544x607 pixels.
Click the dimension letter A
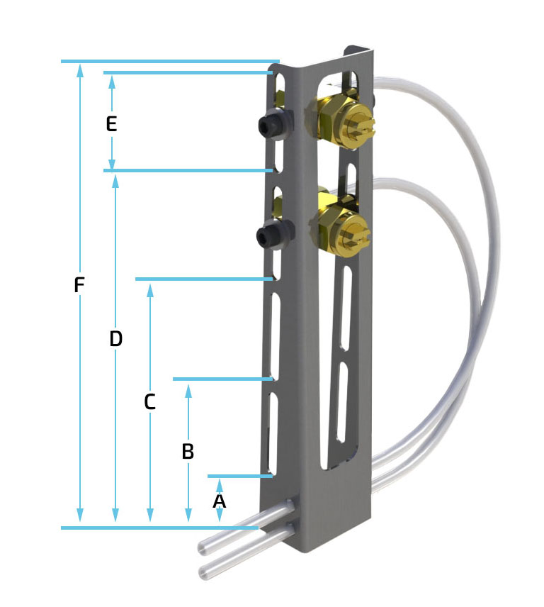219,501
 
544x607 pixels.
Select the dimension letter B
188,452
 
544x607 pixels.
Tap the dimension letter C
149,402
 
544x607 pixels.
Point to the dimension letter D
116,339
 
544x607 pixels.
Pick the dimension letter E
111,124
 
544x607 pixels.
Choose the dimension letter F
79,285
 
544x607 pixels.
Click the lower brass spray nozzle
340,228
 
